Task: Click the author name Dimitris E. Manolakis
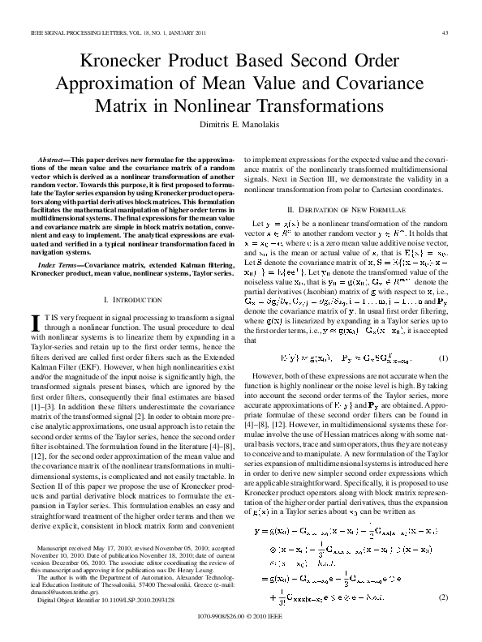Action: tap(240, 123)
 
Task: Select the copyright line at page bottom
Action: tap(241, 632)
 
